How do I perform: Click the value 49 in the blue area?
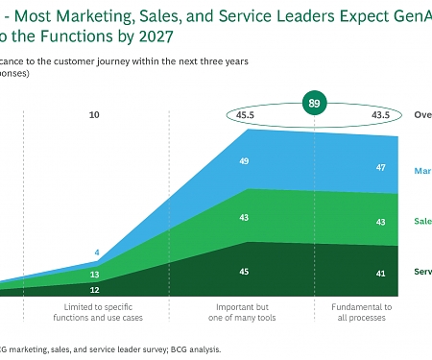[245, 161]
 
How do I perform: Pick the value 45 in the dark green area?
[245, 272]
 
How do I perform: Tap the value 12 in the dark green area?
[94, 290]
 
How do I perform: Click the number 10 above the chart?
[94, 115]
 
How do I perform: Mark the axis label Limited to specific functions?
[95, 313]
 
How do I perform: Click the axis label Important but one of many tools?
[244, 313]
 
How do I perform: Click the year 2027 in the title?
[155, 37]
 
